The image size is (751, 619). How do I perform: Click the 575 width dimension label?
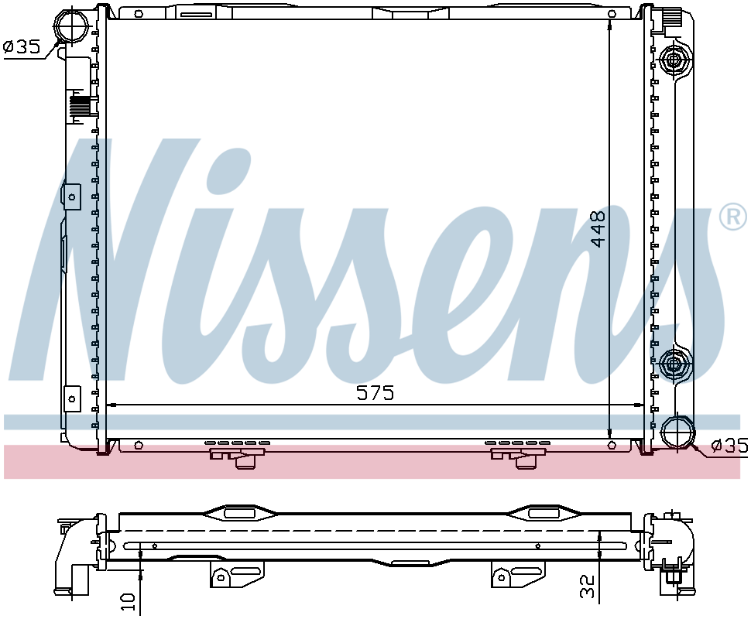click(x=375, y=393)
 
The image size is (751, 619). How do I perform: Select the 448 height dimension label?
click(x=597, y=228)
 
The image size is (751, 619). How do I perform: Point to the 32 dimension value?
click(x=588, y=586)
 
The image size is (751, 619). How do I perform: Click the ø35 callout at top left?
click(x=21, y=47)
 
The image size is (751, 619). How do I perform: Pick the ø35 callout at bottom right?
click(x=729, y=446)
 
